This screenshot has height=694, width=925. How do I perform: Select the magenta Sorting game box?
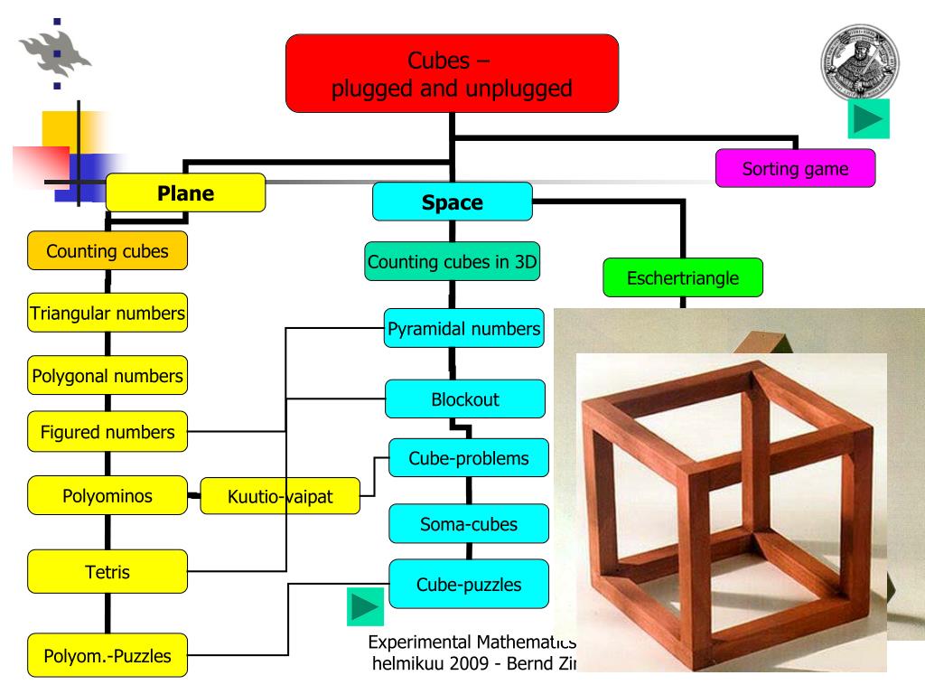(x=795, y=168)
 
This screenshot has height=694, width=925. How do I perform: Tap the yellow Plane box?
(x=186, y=192)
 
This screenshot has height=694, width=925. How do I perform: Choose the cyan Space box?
(x=453, y=202)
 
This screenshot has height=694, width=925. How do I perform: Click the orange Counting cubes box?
(x=107, y=251)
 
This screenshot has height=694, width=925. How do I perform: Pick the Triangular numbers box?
(x=107, y=314)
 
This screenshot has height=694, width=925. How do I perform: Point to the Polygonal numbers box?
(x=107, y=374)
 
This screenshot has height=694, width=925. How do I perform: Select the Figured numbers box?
(x=107, y=432)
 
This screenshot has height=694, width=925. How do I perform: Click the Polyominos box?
(x=107, y=495)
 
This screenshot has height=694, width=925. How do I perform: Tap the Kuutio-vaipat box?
(x=278, y=496)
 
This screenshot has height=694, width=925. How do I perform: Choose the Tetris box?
(x=107, y=572)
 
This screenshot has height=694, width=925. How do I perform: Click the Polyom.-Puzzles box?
(x=107, y=655)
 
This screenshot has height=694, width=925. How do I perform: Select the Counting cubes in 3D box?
(x=453, y=263)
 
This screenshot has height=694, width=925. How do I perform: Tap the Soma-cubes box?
(x=468, y=523)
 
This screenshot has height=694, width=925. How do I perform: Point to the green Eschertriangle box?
(x=683, y=278)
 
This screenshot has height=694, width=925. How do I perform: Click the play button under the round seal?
(x=869, y=119)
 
